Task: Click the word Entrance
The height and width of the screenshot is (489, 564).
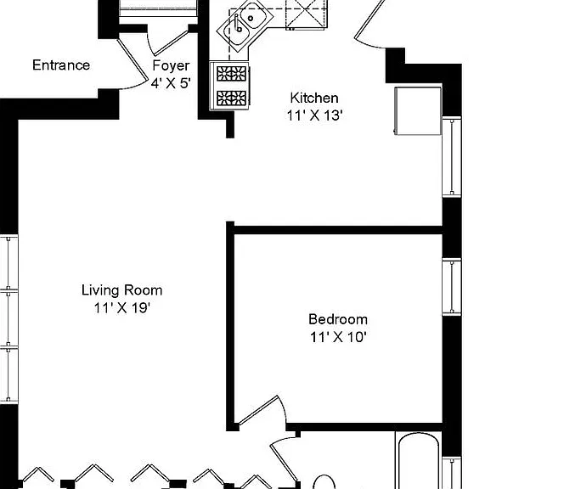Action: tap(61, 65)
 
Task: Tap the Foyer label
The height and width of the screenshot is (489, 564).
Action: tap(171, 66)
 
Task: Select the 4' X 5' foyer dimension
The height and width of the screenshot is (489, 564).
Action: tap(171, 83)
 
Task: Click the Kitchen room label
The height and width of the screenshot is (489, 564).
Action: tap(314, 98)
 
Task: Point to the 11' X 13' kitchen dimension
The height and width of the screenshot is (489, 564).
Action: tap(314, 115)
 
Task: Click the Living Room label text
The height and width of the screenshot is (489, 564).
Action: tap(122, 290)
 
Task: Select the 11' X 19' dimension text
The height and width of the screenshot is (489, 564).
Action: tap(122, 308)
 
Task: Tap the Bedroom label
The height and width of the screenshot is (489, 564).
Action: tap(338, 319)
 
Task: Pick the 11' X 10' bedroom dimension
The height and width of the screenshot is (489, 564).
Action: tap(338, 337)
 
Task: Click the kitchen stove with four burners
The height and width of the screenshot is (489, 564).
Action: tap(230, 87)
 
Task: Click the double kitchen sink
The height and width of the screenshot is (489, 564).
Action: tap(245, 25)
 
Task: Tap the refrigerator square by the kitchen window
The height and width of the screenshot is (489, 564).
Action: tap(418, 110)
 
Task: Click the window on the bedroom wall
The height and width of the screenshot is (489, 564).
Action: tap(452, 287)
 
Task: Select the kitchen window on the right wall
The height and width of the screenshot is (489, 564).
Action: tap(452, 157)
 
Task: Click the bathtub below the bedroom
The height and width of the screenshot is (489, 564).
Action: tap(418, 460)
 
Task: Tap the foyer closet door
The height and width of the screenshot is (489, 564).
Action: tap(168, 42)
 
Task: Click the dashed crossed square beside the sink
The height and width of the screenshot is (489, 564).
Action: tap(307, 14)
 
